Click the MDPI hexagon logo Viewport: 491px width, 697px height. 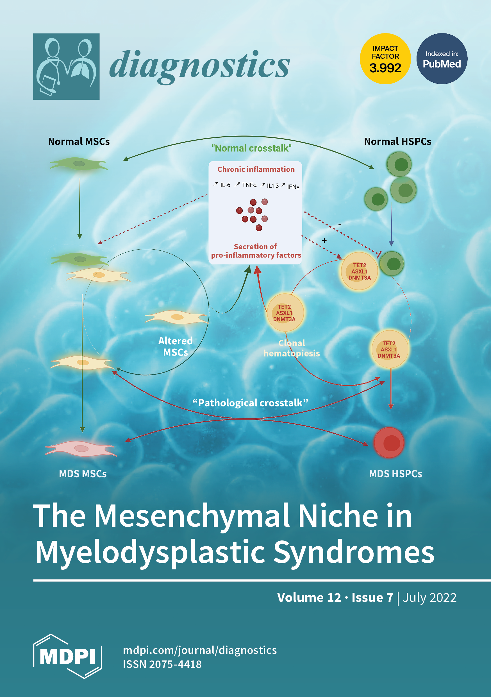67,656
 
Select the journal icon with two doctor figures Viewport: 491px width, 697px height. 66,67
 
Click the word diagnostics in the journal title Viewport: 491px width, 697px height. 199,65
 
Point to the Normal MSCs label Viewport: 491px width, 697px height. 79,141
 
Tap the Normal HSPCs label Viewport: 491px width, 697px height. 397,141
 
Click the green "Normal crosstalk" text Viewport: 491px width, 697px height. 251,148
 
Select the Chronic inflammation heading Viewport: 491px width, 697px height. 256,169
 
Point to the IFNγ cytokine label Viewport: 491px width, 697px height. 293,187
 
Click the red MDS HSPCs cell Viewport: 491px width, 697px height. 389,443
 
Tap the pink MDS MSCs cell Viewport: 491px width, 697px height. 80,448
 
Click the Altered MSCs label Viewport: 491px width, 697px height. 175,346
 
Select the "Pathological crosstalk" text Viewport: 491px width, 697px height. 250,403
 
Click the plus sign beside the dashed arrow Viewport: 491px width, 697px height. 324,240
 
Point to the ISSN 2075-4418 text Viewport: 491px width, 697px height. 162,664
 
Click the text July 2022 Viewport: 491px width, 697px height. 429,598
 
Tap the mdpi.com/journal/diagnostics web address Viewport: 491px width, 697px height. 200,650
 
